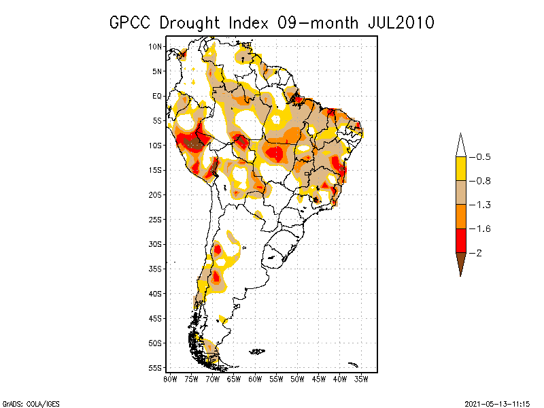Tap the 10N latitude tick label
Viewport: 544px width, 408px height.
point(156,46)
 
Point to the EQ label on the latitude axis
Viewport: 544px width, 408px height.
point(157,96)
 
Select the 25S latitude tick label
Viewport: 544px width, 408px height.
point(156,219)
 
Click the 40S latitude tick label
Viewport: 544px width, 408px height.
point(156,293)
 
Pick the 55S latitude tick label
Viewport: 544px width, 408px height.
point(156,367)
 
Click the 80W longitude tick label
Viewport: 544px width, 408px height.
point(170,379)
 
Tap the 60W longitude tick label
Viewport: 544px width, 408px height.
point(255,379)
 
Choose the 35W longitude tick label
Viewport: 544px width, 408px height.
point(361,379)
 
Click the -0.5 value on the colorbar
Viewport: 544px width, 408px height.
point(481,157)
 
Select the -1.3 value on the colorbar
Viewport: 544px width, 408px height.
point(481,205)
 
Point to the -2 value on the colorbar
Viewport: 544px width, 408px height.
point(478,253)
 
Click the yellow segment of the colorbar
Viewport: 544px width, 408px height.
point(460,169)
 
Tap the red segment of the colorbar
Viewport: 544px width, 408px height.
point(460,241)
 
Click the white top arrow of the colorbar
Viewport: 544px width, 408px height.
point(460,146)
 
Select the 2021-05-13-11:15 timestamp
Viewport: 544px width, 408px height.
point(497,403)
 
